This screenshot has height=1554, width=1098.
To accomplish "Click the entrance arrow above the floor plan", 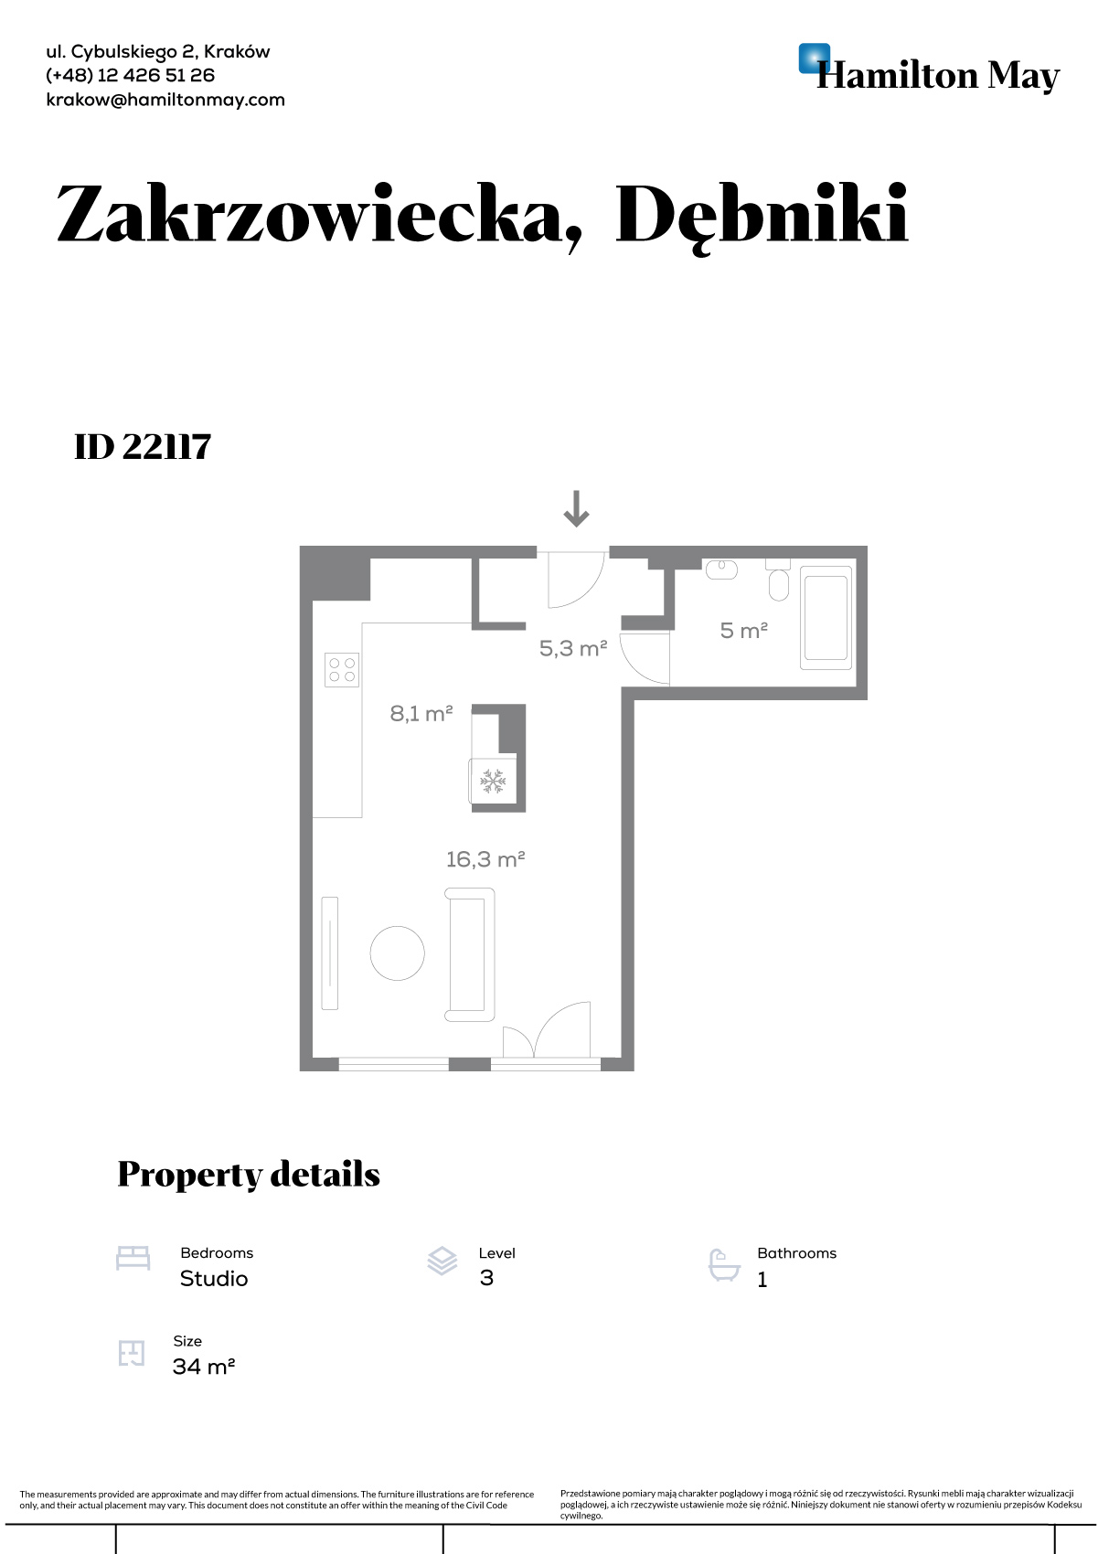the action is tap(576, 508).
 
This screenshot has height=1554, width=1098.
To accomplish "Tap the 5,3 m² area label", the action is tap(573, 649).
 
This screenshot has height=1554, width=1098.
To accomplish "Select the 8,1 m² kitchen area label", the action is tap(421, 713).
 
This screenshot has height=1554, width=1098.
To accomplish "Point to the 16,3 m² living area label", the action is tap(485, 859).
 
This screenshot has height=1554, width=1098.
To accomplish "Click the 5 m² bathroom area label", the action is tap(744, 631).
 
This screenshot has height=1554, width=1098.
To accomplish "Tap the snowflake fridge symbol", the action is tap(493, 782).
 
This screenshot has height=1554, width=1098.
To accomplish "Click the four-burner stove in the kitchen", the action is tap(342, 670).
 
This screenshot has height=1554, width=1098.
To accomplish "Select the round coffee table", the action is tap(397, 953).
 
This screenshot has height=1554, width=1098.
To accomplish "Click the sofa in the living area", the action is tap(470, 954).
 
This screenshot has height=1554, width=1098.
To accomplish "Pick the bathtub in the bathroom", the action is tap(826, 618).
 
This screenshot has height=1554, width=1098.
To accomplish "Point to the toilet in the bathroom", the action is tap(779, 580).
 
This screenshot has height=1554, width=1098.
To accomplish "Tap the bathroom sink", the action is tap(722, 569).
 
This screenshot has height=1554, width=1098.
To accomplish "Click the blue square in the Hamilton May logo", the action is tap(815, 59).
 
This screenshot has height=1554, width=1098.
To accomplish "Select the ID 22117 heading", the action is tap(143, 447).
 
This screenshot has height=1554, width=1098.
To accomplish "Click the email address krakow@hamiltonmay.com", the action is tap(165, 100).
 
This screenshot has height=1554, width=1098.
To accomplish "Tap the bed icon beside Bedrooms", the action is tap(133, 1259).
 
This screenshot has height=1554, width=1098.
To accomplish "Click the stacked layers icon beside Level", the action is tap(442, 1261).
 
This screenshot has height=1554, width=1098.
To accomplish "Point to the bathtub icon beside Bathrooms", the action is tap(724, 1265).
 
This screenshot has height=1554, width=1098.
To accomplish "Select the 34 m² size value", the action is tap(203, 1366).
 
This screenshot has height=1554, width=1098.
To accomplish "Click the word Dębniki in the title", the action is tap(762, 215).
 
